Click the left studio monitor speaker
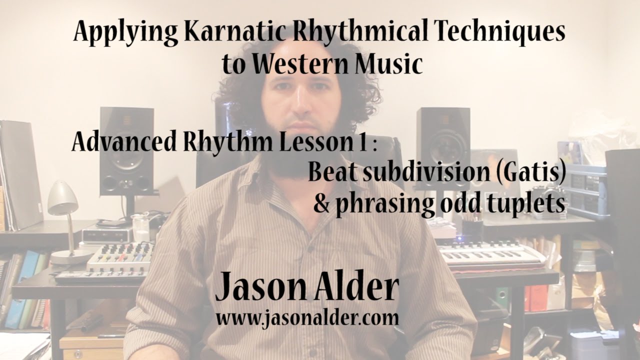point(126,150)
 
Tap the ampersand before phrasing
point(322,203)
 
